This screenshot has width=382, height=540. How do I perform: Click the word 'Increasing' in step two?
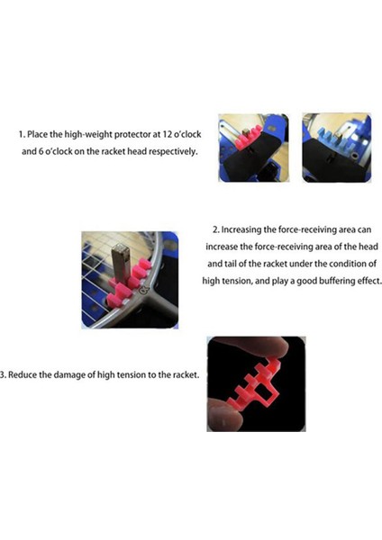(241, 229)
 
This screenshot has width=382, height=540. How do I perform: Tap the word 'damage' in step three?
(68, 375)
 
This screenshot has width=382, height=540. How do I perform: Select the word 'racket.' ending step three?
(186, 374)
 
